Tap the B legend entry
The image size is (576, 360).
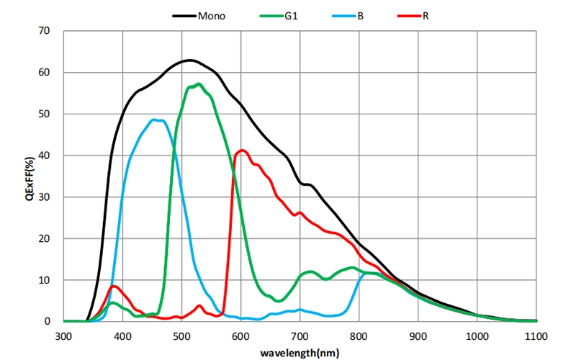[359, 14]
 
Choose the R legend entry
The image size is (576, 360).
[426, 14]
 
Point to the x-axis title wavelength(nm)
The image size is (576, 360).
[300, 353]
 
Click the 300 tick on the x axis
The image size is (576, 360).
[63, 336]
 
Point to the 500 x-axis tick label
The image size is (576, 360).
[181, 336]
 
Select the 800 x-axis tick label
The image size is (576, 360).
[359, 336]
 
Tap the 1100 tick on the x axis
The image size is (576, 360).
[536, 336]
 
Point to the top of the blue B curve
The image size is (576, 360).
[157, 120]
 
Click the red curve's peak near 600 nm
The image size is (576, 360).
[242, 150]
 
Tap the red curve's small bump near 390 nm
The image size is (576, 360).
[114, 286]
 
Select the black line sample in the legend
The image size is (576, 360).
[184, 14]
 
